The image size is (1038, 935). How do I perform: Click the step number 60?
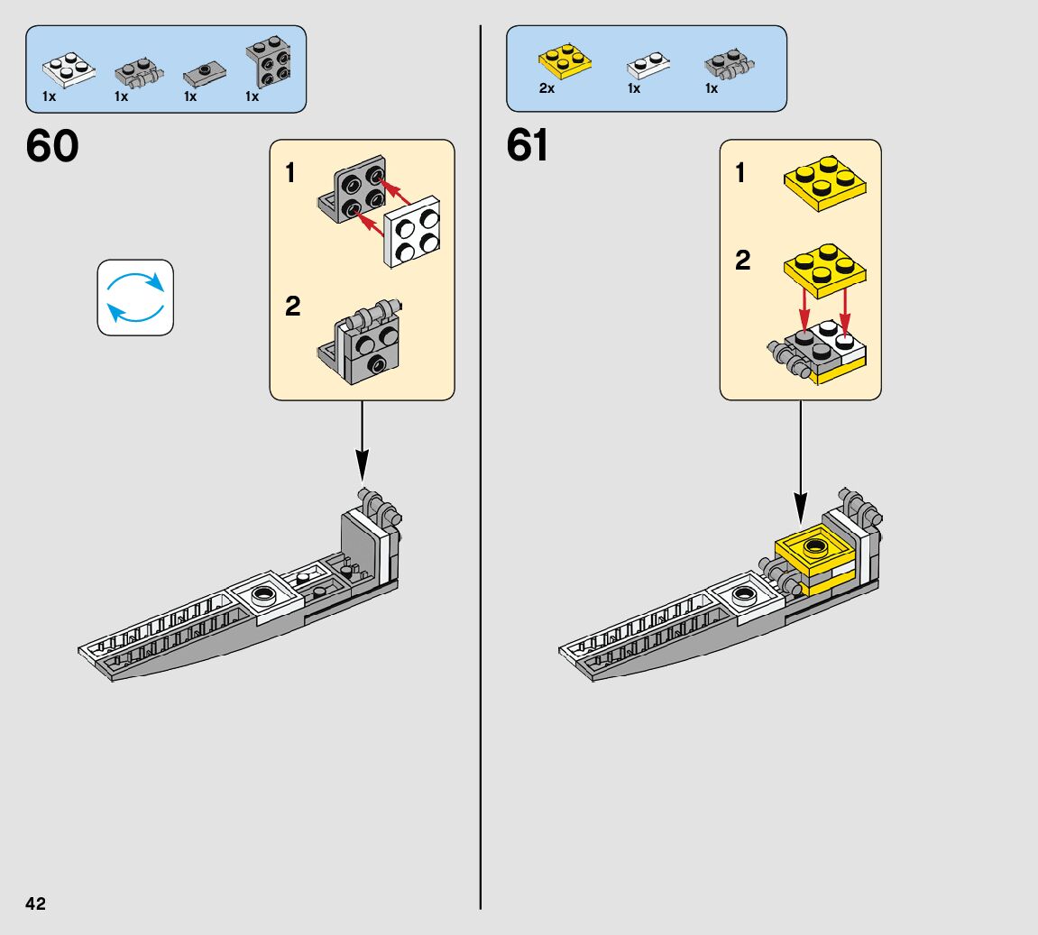pyautogui.click(x=52, y=145)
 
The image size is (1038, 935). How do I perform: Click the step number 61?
pyautogui.click(x=528, y=145)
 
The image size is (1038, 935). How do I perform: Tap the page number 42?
pyautogui.click(x=36, y=904)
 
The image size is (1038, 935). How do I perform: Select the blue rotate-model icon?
pyautogui.click(x=135, y=298)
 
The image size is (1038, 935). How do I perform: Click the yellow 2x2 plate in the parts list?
pyautogui.click(x=565, y=60)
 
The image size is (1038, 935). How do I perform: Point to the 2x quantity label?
pyautogui.click(x=547, y=88)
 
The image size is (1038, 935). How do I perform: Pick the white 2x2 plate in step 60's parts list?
pyautogui.click(x=69, y=70)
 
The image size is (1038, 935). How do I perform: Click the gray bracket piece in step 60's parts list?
pyautogui.click(x=268, y=61)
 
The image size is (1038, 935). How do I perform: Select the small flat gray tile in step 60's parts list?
pyautogui.click(x=205, y=73)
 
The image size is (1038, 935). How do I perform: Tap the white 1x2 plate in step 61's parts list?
pyautogui.click(x=648, y=65)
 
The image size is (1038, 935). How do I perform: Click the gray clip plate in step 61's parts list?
pyautogui.click(x=730, y=63)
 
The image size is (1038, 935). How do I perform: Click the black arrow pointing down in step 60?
pyautogui.click(x=363, y=441)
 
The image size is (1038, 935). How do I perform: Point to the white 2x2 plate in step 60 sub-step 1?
pyautogui.click(x=412, y=232)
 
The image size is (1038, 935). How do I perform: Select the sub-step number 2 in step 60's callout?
pyautogui.click(x=292, y=306)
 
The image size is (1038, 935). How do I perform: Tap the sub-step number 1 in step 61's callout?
pyautogui.click(x=740, y=173)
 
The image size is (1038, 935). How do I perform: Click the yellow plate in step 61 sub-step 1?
pyautogui.click(x=825, y=183)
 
